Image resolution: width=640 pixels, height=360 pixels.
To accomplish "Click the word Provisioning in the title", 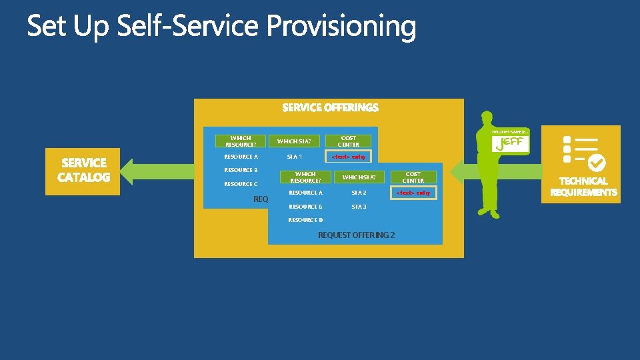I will coord(341,28).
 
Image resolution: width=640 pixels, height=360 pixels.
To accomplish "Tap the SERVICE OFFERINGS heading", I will coord(330,107).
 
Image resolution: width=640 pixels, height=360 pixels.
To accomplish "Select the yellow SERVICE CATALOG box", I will coord(83,170).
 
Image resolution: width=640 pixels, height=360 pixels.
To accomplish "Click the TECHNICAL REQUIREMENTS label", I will coord(583,187).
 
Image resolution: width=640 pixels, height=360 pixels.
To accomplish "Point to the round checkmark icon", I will coord(597,161).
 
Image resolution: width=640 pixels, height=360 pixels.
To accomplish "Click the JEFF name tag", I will coord(510,143).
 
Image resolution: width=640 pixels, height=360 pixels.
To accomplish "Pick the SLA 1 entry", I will coord(295,157).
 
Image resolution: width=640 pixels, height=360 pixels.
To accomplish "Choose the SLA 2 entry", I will coord(359,193).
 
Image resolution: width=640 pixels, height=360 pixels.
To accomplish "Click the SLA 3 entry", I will coord(359,207).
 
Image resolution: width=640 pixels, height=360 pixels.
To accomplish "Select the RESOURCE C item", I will coord(241,184).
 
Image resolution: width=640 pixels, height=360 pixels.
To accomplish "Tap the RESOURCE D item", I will coord(305,220).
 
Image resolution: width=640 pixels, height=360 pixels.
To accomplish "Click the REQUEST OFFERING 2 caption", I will coord(356,235).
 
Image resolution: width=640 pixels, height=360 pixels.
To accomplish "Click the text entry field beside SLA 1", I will coord(349,157).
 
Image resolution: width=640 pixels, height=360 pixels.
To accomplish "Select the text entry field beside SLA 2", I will coord(413,193).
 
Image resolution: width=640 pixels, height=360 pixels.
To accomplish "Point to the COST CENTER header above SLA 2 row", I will coord(413,177).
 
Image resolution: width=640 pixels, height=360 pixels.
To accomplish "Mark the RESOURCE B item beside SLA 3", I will coord(305,207).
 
